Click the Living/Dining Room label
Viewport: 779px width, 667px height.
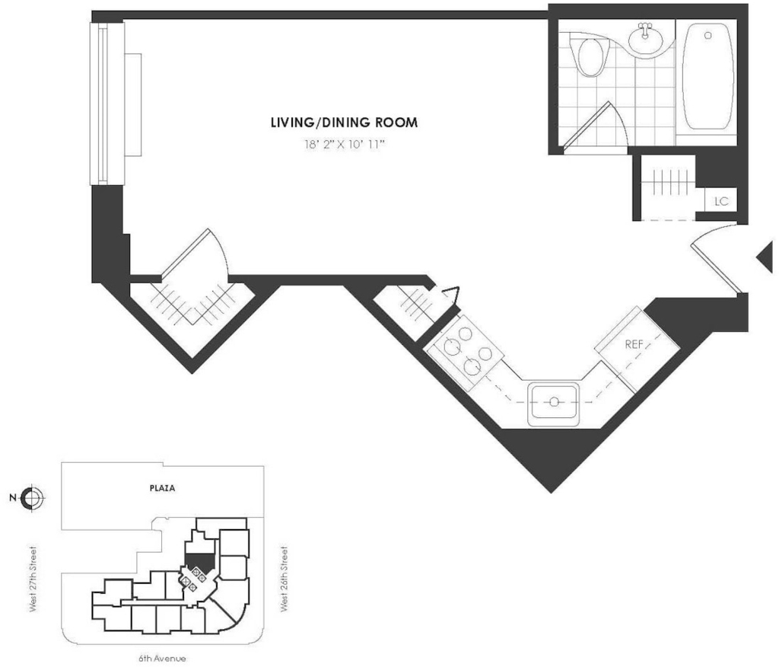click(x=345, y=123)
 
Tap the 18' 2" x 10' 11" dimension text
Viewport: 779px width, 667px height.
click(x=345, y=145)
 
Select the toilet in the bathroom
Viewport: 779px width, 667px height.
click(x=590, y=54)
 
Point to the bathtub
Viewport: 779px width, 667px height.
click(x=708, y=77)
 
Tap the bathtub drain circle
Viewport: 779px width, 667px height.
click(x=708, y=35)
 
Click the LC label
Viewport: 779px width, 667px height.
click(x=721, y=201)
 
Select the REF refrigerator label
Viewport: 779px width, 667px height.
click(x=634, y=343)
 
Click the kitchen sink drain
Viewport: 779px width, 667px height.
click(x=554, y=401)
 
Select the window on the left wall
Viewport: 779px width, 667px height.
click(x=107, y=104)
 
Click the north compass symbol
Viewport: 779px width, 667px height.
click(x=33, y=497)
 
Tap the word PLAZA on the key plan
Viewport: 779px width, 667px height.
click(x=163, y=488)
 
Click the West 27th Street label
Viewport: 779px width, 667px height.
click(x=33, y=579)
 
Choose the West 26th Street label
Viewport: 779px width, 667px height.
click(x=285, y=579)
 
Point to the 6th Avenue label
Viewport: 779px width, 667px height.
click(x=162, y=659)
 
